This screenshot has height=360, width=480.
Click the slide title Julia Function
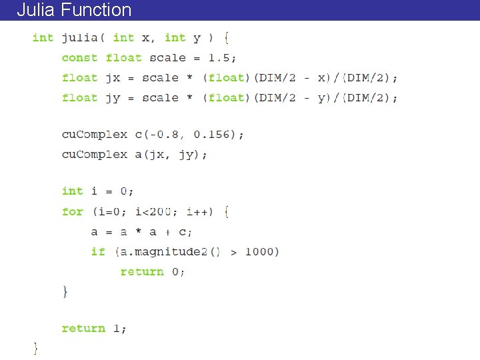[74, 10]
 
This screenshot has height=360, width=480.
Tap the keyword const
[79, 58]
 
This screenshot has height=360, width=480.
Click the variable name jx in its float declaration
[112, 78]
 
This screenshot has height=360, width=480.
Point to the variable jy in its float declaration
[112, 98]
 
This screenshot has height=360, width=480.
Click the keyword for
[72, 212]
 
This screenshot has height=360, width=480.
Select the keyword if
[98, 252]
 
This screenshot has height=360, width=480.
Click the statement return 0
[152, 272]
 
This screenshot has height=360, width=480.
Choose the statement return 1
[93, 329]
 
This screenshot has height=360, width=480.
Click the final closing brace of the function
[35, 347]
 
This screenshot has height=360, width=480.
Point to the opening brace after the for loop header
[227, 212]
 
